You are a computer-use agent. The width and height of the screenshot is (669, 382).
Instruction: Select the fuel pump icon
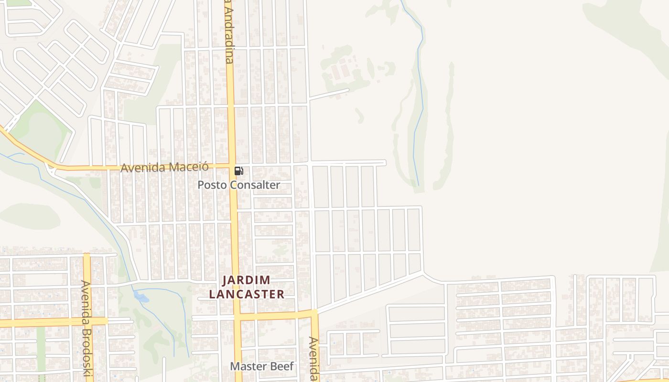[x=238, y=171]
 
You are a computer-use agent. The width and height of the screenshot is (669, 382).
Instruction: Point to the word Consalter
[x=254, y=185]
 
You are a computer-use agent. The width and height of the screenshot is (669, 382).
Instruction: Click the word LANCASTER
[x=247, y=294]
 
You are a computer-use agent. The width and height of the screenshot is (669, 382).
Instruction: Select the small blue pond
[x=141, y=297]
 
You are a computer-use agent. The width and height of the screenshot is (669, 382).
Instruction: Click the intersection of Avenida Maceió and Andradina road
[x=231, y=166]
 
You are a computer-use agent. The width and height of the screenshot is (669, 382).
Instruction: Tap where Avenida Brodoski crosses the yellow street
[x=87, y=321]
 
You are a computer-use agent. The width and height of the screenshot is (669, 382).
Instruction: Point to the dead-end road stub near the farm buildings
[x=330, y=94]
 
